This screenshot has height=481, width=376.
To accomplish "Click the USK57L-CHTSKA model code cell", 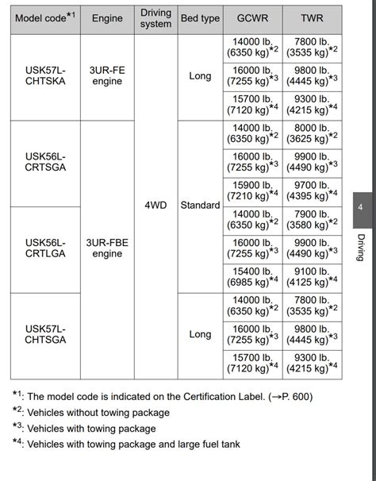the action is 45,77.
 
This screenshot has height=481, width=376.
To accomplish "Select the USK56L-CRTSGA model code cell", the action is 45,163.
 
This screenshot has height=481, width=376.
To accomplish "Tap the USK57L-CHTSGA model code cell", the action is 45,334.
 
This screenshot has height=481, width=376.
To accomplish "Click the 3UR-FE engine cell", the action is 107,77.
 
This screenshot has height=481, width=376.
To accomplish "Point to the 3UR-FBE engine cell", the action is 107,248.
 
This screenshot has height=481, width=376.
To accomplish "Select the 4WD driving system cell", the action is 155,206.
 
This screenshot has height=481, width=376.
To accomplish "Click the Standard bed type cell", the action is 200,206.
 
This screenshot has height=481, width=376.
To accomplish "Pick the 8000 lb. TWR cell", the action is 312,134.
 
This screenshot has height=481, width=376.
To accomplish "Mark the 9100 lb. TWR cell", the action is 312,277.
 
